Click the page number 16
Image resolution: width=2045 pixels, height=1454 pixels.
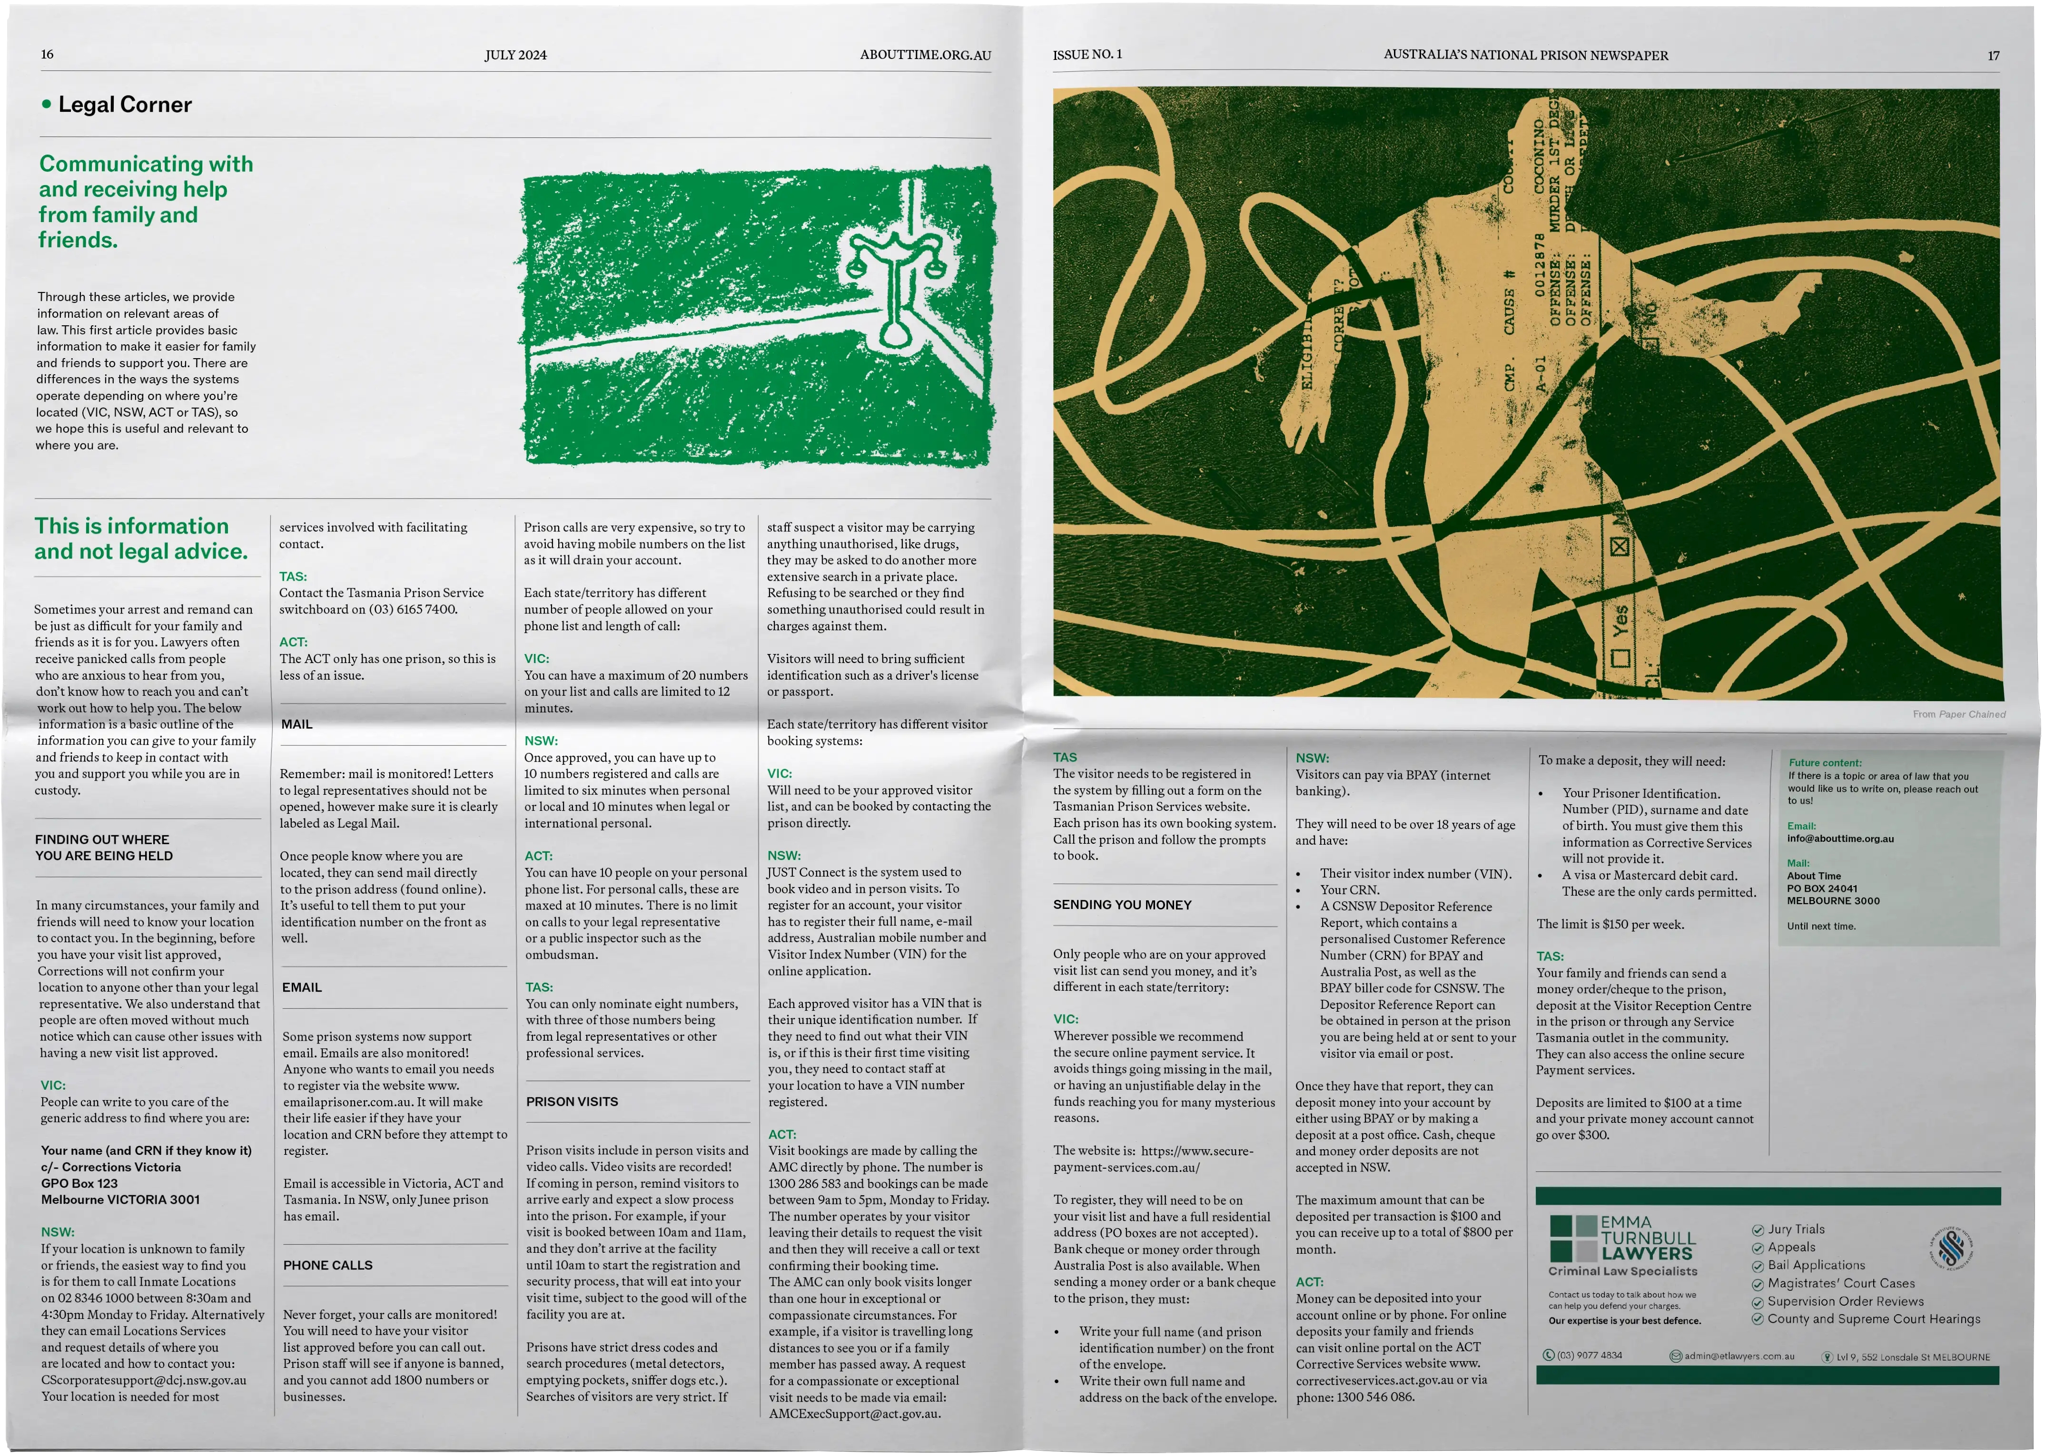(x=48, y=55)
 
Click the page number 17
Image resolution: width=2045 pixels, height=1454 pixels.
(x=1993, y=56)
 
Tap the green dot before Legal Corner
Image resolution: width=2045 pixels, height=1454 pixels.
(x=47, y=104)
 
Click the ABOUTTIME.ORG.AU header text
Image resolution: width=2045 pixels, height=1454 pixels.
(x=925, y=55)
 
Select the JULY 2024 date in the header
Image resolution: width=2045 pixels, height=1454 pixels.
(x=516, y=55)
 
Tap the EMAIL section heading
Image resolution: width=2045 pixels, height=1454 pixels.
(x=302, y=987)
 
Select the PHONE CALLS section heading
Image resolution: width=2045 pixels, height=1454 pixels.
(x=328, y=1265)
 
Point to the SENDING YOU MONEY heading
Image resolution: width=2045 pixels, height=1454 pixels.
(x=1122, y=905)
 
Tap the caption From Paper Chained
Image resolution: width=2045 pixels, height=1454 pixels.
(x=1959, y=714)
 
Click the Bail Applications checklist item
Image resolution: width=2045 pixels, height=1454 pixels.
(x=1808, y=1265)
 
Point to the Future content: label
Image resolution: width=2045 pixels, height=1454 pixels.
(x=1825, y=763)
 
